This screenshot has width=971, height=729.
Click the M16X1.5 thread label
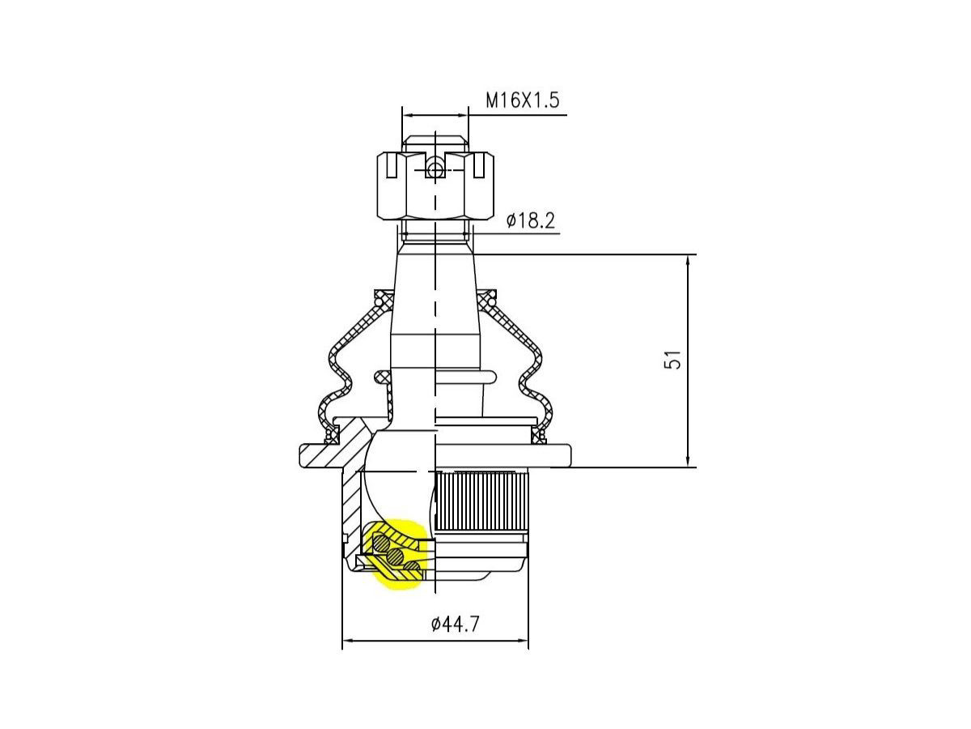click(522, 100)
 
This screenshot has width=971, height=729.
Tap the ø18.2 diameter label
click(530, 220)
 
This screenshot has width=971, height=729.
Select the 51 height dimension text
click(672, 360)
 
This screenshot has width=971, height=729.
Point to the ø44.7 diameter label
click(455, 624)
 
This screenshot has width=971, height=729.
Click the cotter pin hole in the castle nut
click(435, 170)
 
